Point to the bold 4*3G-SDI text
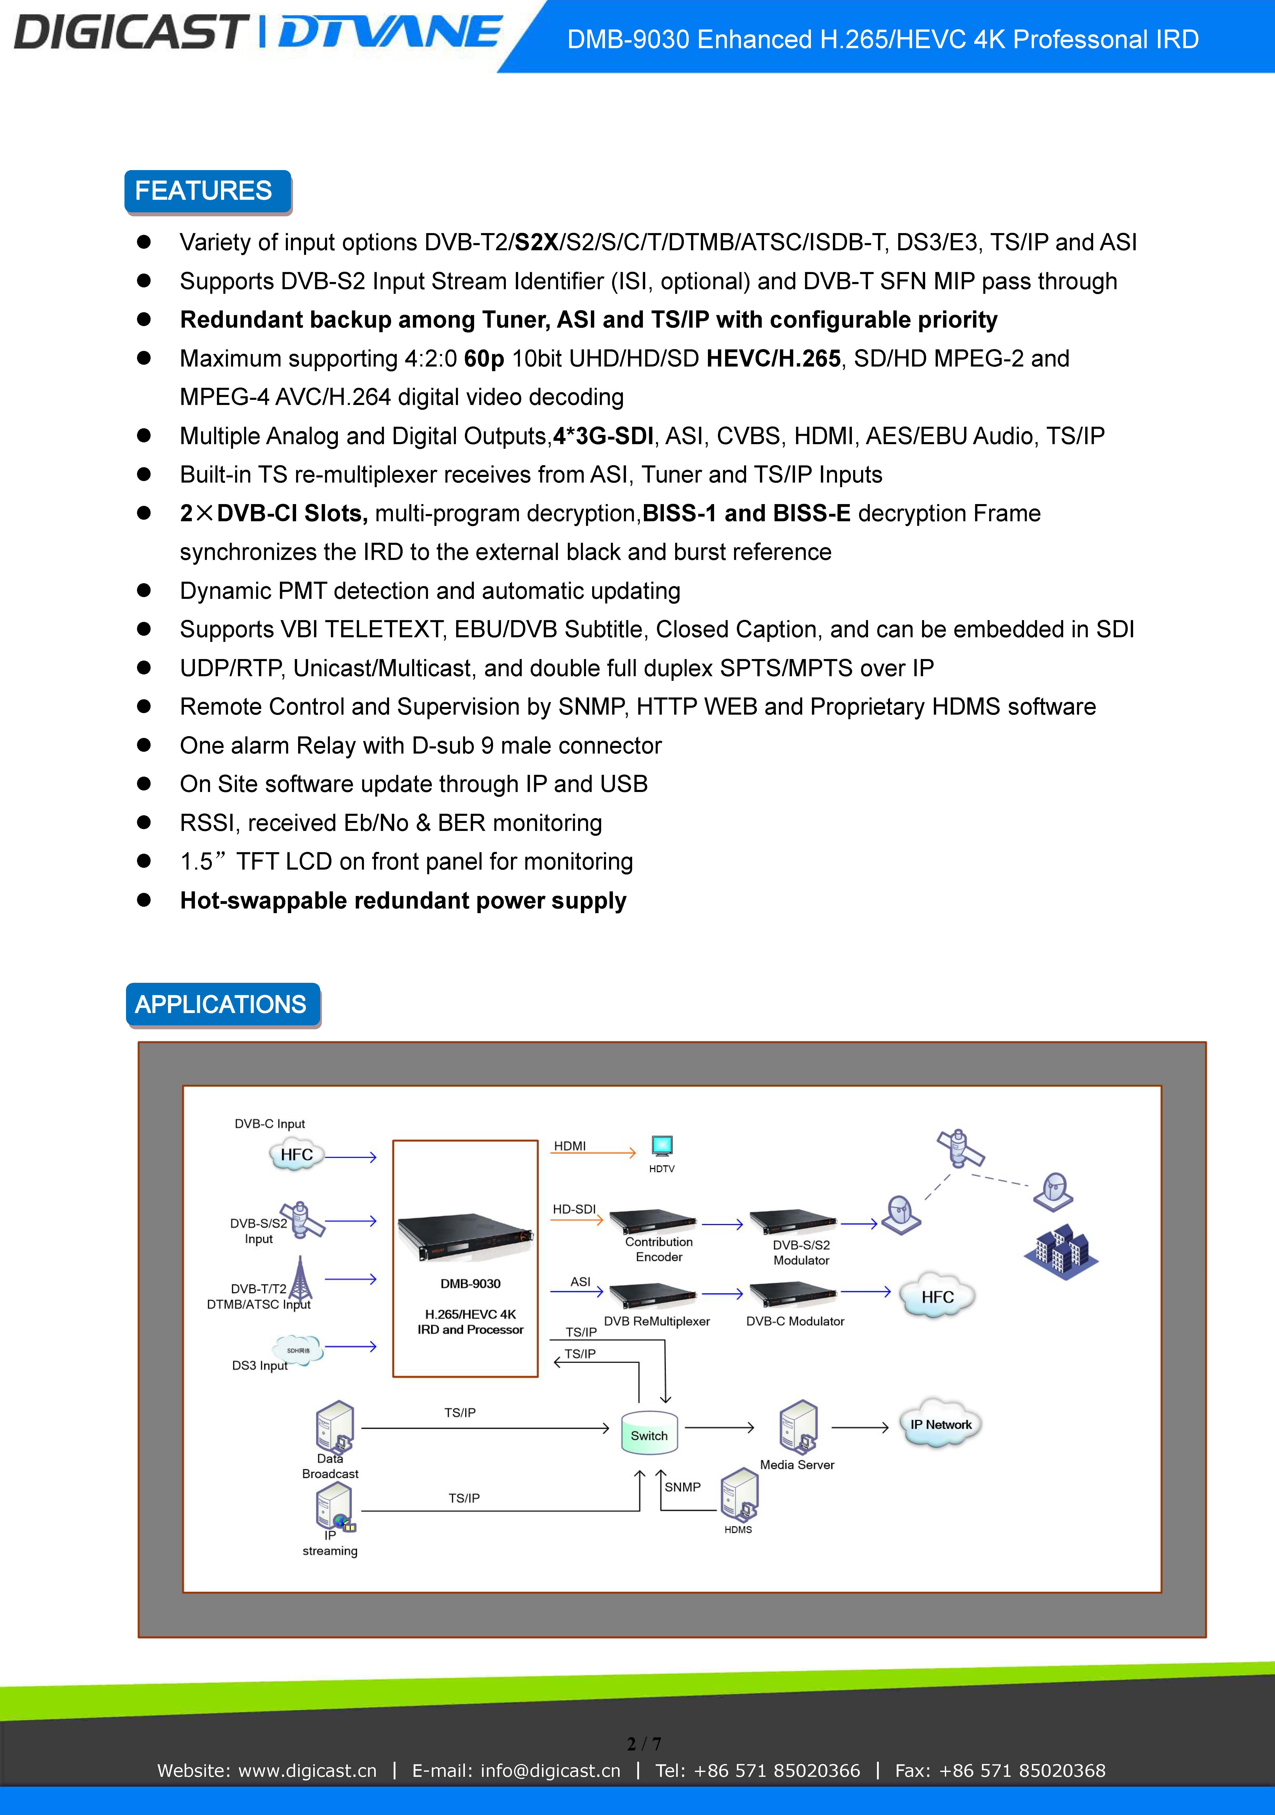pyautogui.click(x=603, y=436)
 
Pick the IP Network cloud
pyautogui.click(x=941, y=1424)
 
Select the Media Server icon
pyautogui.click(x=798, y=1428)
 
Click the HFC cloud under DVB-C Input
pyautogui.click(x=296, y=1155)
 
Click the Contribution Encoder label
pyautogui.click(x=659, y=1249)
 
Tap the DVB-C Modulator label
pyautogui.click(x=795, y=1321)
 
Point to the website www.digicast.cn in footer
pyautogui.click(x=308, y=1771)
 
